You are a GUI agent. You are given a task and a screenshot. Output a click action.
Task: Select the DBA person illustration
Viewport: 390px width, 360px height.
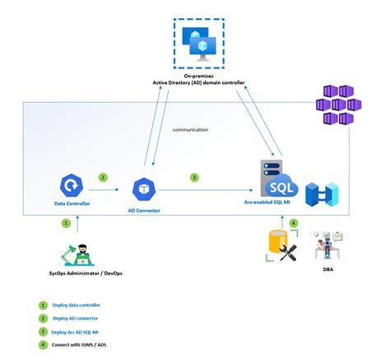tap(328, 244)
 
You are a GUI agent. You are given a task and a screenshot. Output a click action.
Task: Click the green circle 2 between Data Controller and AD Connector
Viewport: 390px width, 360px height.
tap(103, 176)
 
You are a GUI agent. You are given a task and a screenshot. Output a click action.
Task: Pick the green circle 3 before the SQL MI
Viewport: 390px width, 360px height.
tap(194, 176)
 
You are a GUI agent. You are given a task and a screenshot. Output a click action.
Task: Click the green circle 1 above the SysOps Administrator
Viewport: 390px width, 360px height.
tap(67, 222)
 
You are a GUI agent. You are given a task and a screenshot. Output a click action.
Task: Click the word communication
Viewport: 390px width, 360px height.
tap(190, 129)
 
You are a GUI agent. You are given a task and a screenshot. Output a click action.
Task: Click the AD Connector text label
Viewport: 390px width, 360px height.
tap(144, 211)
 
